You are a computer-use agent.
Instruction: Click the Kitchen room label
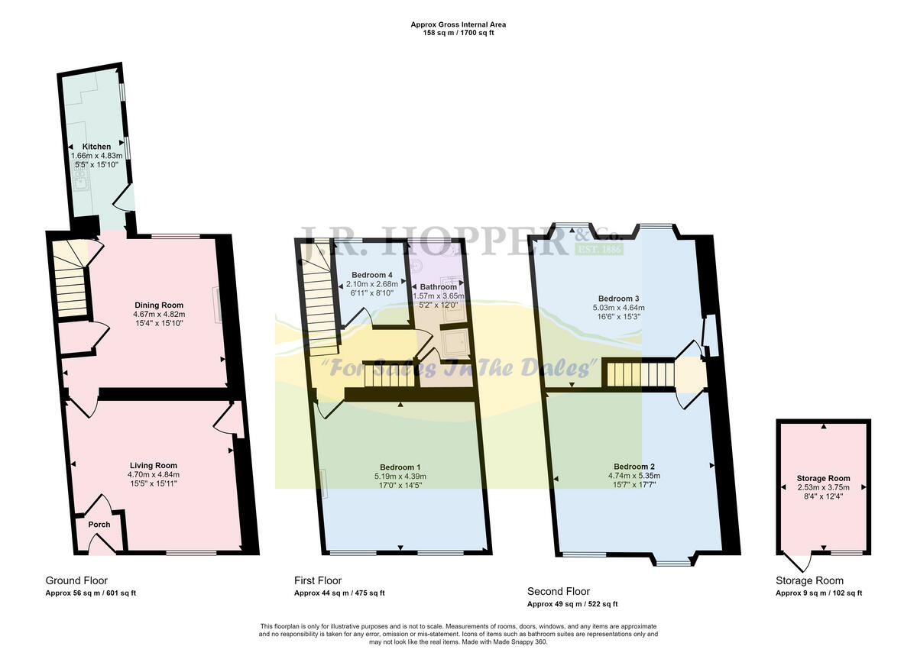[x=97, y=147]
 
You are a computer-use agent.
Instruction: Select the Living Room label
[x=153, y=465]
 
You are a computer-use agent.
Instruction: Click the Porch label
[x=99, y=525]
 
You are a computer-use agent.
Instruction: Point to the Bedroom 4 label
[x=372, y=275]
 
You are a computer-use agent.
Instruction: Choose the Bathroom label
[x=438, y=287]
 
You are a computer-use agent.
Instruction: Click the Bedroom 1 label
[x=400, y=467]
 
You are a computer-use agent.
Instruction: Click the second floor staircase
[x=640, y=375]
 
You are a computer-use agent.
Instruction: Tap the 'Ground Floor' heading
[x=76, y=580]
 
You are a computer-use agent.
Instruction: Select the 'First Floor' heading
[x=318, y=580]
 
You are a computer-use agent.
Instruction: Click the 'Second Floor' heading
[x=559, y=591]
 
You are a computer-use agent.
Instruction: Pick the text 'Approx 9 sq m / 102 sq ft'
[x=818, y=593]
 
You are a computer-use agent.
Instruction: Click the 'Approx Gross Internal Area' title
[x=458, y=24]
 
